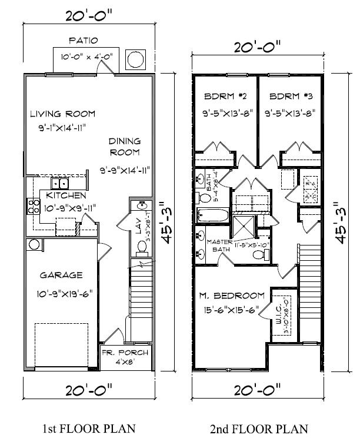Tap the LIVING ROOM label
(x=63, y=114)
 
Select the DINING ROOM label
(x=125, y=147)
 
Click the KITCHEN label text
(x=66, y=195)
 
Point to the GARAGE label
(x=61, y=275)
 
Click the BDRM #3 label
(x=288, y=96)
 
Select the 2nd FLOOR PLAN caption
(x=259, y=428)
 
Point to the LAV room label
(x=139, y=229)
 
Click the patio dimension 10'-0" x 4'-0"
(x=87, y=57)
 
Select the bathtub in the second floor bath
(x=210, y=215)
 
